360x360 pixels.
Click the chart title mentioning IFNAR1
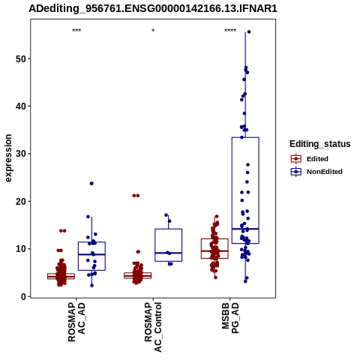click(x=153, y=8)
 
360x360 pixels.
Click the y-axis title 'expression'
click(x=8, y=158)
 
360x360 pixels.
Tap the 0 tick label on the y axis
click(x=23, y=296)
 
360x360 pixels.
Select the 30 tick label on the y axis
click(x=21, y=154)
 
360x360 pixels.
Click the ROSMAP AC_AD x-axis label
click(x=76, y=322)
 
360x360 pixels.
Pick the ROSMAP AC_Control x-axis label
click(x=153, y=327)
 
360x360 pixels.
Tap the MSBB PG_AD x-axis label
click(x=230, y=318)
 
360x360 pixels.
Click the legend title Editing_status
click(x=320, y=144)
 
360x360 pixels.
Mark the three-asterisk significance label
click(x=76, y=31)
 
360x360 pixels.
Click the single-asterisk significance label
click(x=153, y=31)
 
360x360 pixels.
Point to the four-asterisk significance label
click(x=230, y=31)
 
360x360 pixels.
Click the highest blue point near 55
click(x=249, y=32)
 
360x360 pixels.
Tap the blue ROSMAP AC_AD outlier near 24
click(x=91, y=184)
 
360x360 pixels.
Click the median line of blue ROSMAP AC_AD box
click(x=91, y=254)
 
